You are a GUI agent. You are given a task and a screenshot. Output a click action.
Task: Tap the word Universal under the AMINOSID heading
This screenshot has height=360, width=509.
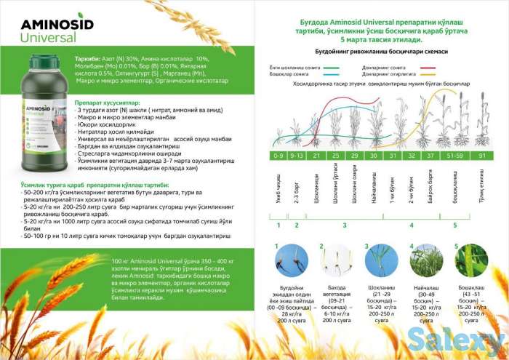tap(48, 36)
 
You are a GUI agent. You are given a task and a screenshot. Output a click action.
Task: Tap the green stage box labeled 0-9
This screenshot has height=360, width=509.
tap(278, 156)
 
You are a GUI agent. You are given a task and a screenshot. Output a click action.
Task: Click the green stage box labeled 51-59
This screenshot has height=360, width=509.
tap(455, 156)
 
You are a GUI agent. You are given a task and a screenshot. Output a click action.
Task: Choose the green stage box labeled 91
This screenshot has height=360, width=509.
tap(482, 156)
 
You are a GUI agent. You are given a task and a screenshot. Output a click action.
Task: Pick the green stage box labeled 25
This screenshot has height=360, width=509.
tap(335, 156)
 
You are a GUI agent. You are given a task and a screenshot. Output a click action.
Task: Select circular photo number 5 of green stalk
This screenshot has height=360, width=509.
tap(471, 263)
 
